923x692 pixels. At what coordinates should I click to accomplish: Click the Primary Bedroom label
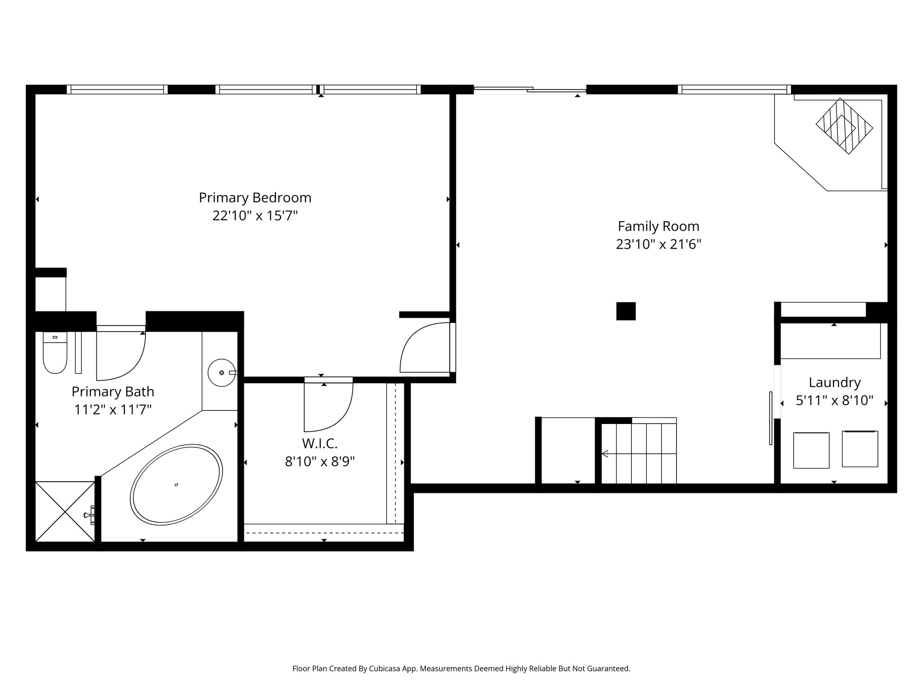coord(255,198)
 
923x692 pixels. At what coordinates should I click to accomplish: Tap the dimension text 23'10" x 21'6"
coord(658,244)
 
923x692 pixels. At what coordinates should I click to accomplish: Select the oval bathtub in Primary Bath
coord(176,485)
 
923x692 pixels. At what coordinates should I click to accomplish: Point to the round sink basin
coord(221,373)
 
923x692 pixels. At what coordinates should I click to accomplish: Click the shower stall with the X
coord(65,511)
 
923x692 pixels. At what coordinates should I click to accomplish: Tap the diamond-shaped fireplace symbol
coord(844,126)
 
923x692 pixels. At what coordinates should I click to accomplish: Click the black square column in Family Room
coord(626,311)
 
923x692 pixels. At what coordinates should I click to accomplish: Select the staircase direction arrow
coord(605,453)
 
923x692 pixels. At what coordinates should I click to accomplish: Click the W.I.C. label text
coord(320,444)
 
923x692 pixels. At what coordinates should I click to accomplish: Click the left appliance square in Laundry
coord(811,450)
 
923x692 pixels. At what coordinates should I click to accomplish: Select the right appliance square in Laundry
coord(859,449)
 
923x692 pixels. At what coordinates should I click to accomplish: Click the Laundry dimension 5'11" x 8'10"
coord(834,401)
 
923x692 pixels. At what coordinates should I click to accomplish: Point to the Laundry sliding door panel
coord(771,418)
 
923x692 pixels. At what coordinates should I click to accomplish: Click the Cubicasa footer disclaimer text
coord(461,669)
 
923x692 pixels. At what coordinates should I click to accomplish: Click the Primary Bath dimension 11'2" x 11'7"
coord(113,410)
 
